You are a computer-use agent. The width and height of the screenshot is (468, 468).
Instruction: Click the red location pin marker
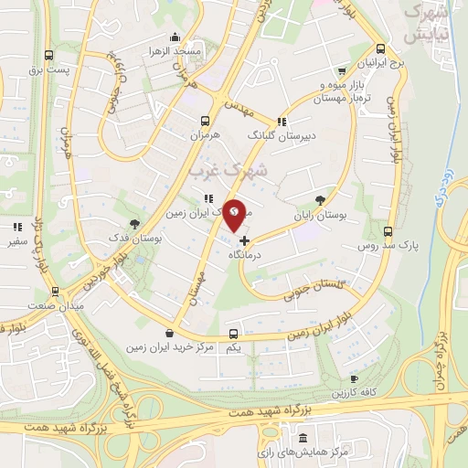point(235,215)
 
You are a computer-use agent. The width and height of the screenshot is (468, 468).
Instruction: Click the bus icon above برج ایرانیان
point(380,49)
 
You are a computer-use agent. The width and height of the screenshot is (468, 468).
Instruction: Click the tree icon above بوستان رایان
point(320,200)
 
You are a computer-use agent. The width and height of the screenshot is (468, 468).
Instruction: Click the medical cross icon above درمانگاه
point(244,240)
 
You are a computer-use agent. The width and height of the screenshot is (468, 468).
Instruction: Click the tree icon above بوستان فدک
point(135,223)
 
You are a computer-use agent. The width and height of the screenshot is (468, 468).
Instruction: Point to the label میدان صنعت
point(55,306)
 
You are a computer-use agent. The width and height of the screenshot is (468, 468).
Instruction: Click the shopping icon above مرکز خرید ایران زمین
point(169,333)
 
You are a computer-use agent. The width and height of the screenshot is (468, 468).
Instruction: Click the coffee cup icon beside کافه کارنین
point(354,378)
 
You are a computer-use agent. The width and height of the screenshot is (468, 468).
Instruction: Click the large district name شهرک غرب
point(229,170)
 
